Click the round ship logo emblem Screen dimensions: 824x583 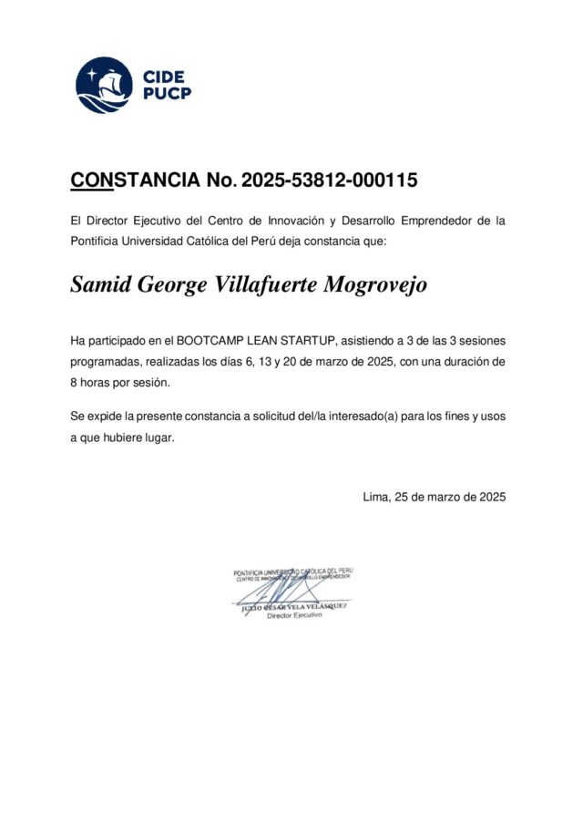tap(104, 85)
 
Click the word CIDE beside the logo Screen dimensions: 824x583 tap(163, 77)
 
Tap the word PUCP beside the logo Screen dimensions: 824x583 tap(167, 93)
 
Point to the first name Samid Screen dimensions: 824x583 tap(100, 285)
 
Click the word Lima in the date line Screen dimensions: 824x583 tap(374, 497)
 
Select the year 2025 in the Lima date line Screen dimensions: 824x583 tap(488, 497)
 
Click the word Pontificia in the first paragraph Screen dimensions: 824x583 tap(95, 242)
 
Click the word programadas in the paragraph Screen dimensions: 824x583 tap(105, 362)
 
